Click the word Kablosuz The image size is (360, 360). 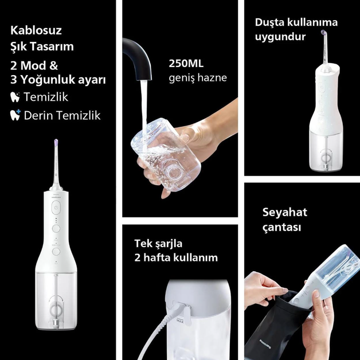click(36, 30)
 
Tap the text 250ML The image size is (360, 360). click(186, 64)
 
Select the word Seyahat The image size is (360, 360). click(285, 212)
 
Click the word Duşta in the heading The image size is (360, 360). click(269, 22)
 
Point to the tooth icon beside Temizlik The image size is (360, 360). click(15, 97)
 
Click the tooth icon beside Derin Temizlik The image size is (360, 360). click(15, 115)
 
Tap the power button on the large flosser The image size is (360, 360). click(56, 208)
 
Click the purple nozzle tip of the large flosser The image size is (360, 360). click(56, 142)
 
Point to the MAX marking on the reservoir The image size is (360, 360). click(180, 322)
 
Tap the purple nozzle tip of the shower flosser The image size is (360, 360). click(324, 32)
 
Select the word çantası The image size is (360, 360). click(281, 228)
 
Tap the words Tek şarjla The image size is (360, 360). click(158, 244)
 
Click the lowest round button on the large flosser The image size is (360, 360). click(56, 252)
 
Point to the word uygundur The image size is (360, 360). click(280, 37)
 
